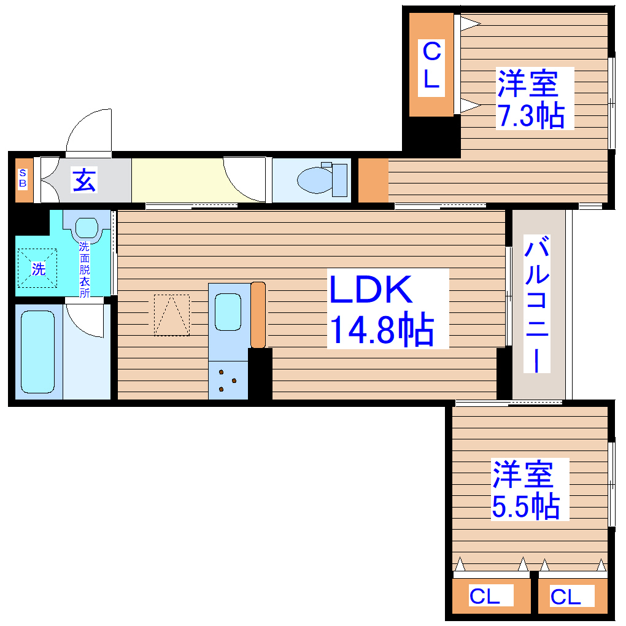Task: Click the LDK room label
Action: click(x=371, y=290)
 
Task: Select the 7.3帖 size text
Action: click(x=530, y=115)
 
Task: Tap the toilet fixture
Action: click(x=323, y=180)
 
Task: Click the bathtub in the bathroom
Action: click(x=38, y=352)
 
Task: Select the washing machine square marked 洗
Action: click(x=38, y=268)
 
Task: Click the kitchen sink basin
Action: click(x=228, y=312)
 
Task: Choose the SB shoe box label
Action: click(x=23, y=179)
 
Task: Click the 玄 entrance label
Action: click(x=85, y=180)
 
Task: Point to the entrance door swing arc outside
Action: click(x=89, y=130)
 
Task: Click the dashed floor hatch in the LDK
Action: click(x=172, y=315)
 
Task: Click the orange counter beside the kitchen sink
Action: click(x=258, y=314)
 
